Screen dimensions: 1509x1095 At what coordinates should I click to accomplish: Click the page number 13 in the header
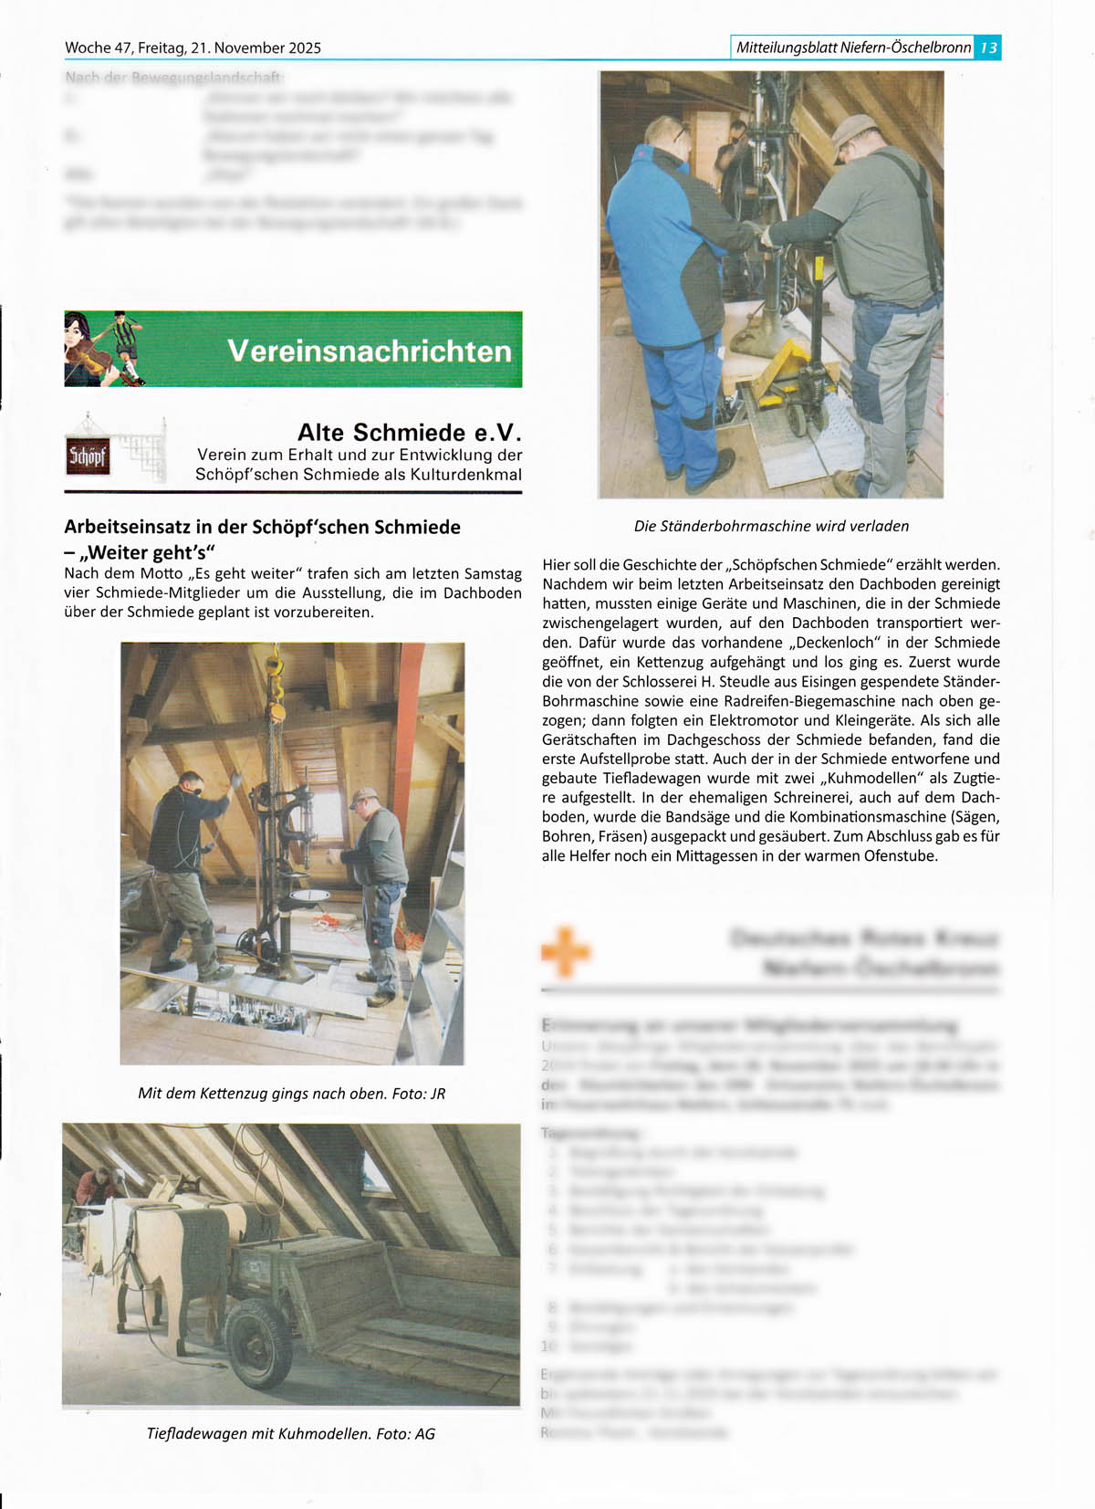[x=988, y=47]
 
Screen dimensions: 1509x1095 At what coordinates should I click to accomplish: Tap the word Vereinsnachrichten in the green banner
[x=370, y=351]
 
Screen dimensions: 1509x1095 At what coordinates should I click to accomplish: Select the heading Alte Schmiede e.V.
[x=410, y=432]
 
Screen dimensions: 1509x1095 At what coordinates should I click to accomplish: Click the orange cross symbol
[x=566, y=952]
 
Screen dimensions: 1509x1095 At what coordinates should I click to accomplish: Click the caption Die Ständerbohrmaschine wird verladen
[x=771, y=526]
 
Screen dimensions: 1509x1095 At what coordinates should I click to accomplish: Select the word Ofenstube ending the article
[x=902, y=855]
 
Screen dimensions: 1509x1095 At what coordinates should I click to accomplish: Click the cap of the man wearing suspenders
[x=848, y=128]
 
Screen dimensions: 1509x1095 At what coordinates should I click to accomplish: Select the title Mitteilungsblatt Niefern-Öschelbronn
[x=852, y=47]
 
